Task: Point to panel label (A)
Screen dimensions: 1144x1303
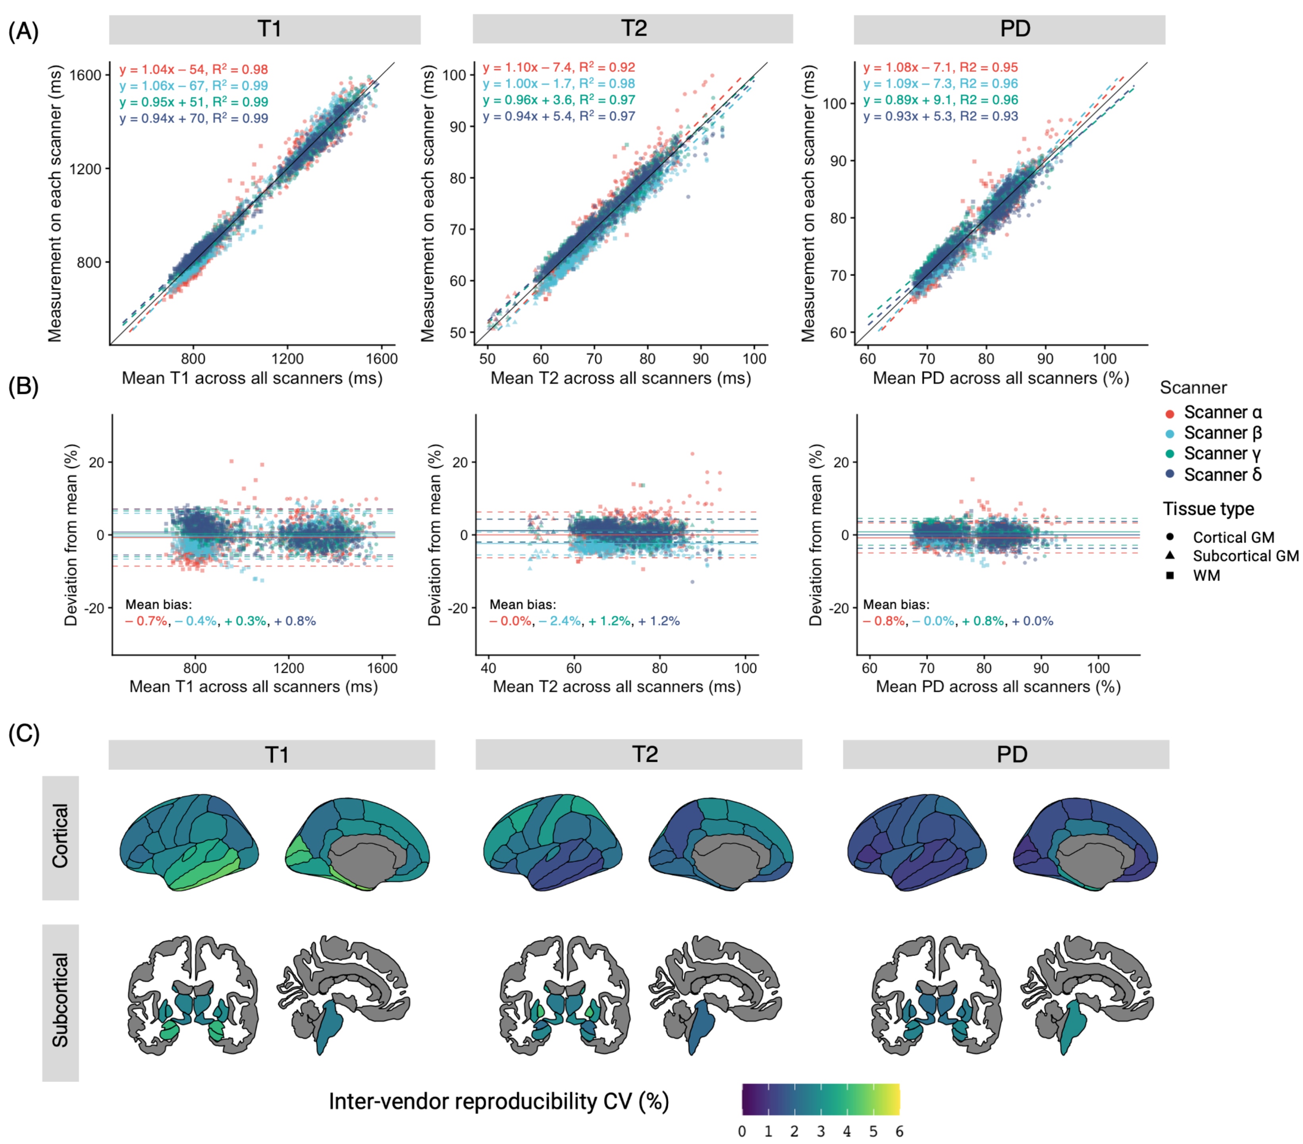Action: (x=23, y=31)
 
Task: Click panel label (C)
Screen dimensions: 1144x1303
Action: (x=23, y=734)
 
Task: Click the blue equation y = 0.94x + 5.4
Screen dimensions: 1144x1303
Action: (x=559, y=116)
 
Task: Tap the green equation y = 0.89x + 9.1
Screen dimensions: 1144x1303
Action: (x=940, y=100)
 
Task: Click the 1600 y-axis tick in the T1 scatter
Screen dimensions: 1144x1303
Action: (x=85, y=75)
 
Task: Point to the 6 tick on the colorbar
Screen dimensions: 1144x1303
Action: (x=899, y=1131)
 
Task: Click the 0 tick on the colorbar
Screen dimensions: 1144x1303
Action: (x=742, y=1131)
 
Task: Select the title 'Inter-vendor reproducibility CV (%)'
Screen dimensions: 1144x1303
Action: (x=499, y=1101)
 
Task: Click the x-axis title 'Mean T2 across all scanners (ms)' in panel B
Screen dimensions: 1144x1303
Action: (x=617, y=686)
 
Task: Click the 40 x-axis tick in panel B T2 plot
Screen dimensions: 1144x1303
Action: (x=488, y=668)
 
